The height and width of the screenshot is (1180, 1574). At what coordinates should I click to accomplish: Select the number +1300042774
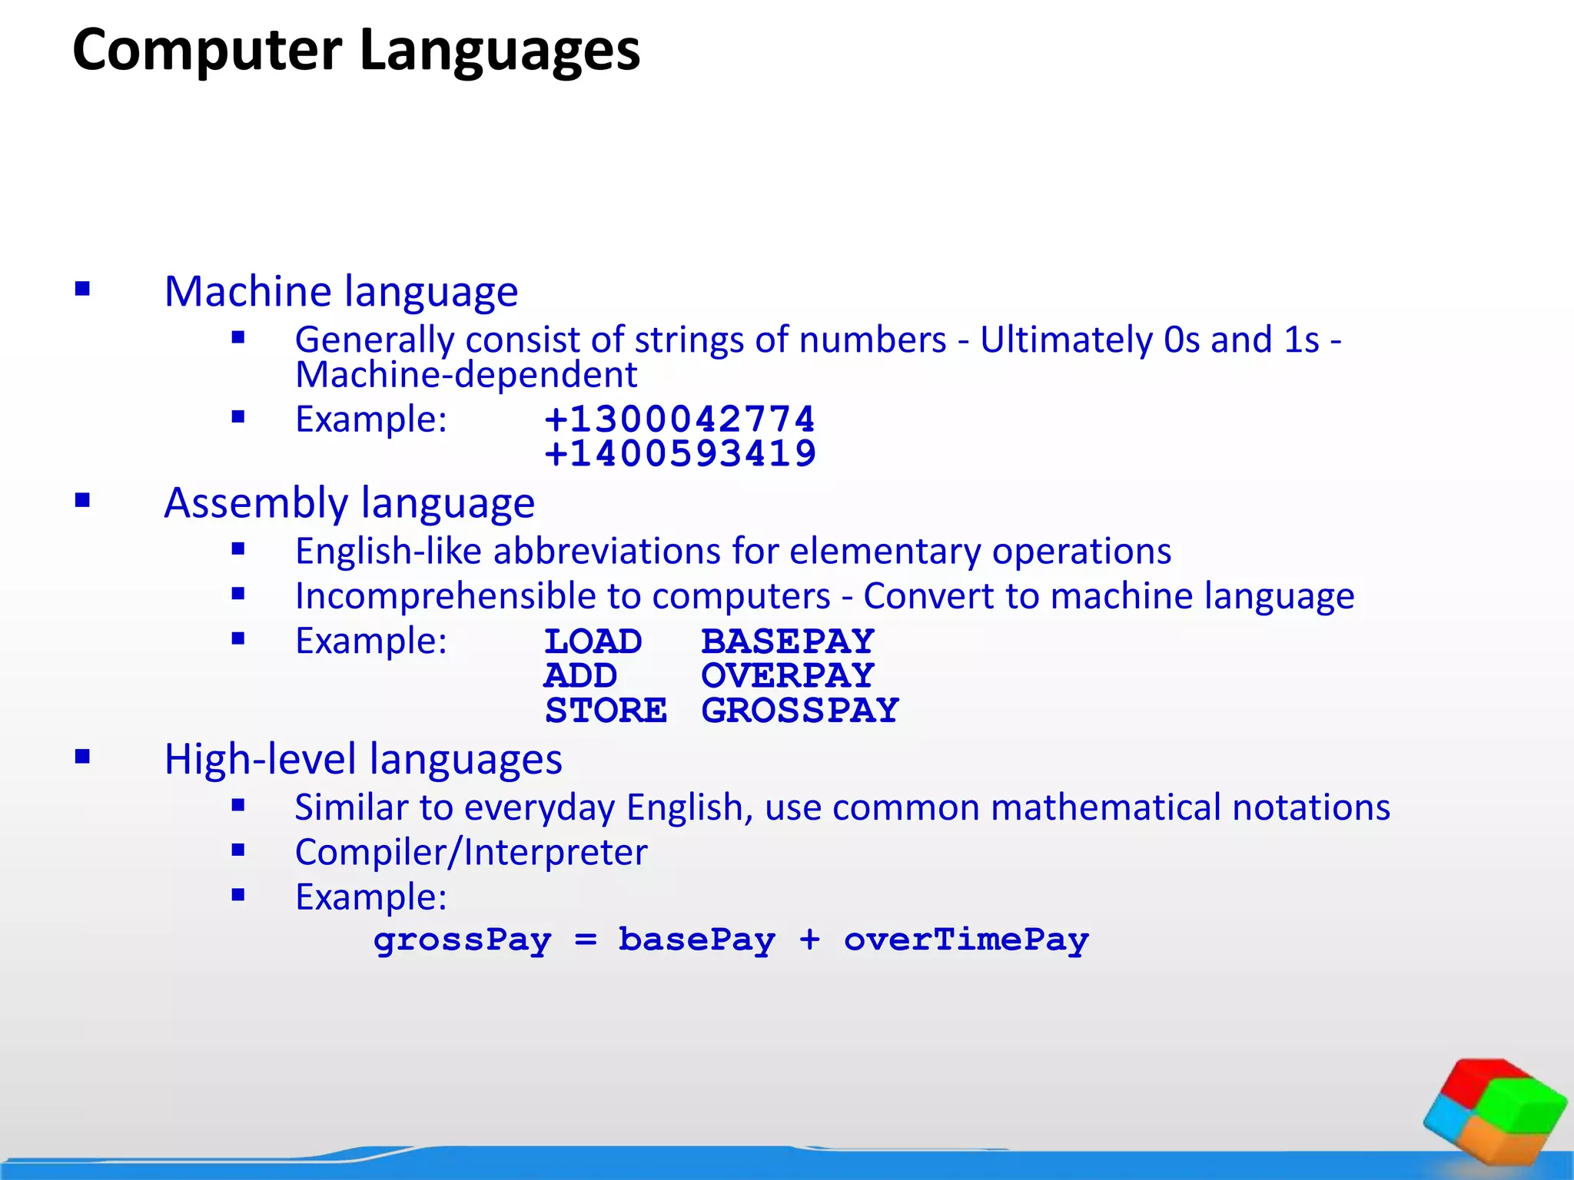tap(679, 419)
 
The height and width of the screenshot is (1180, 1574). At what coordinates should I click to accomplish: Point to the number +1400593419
tap(679, 453)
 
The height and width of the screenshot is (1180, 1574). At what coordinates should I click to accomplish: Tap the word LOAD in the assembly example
tap(593, 641)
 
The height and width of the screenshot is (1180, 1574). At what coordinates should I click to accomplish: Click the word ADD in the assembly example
tap(580, 676)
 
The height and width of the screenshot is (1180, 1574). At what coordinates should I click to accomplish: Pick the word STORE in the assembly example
tap(606, 711)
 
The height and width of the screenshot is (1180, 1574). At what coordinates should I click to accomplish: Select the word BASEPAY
tap(788, 641)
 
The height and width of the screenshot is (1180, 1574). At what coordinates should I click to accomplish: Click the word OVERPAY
tap(788, 676)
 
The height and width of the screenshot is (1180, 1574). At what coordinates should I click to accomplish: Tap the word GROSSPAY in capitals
tap(800, 711)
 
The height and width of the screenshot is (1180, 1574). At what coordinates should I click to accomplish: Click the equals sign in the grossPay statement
tap(586, 940)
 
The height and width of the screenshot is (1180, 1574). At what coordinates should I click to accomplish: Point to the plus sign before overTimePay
tap(809, 940)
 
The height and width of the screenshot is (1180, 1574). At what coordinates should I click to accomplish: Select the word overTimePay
tap(966, 940)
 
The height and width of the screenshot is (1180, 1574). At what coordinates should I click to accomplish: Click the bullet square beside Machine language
tap(83, 290)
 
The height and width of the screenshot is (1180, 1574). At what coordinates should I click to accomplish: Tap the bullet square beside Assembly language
tap(83, 501)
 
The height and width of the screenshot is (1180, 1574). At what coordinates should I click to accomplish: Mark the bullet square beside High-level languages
tap(83, 757)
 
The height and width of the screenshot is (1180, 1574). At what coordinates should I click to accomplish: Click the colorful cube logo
tap(1495, 1112)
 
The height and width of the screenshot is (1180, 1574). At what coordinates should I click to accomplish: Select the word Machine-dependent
tap(467, 375)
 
